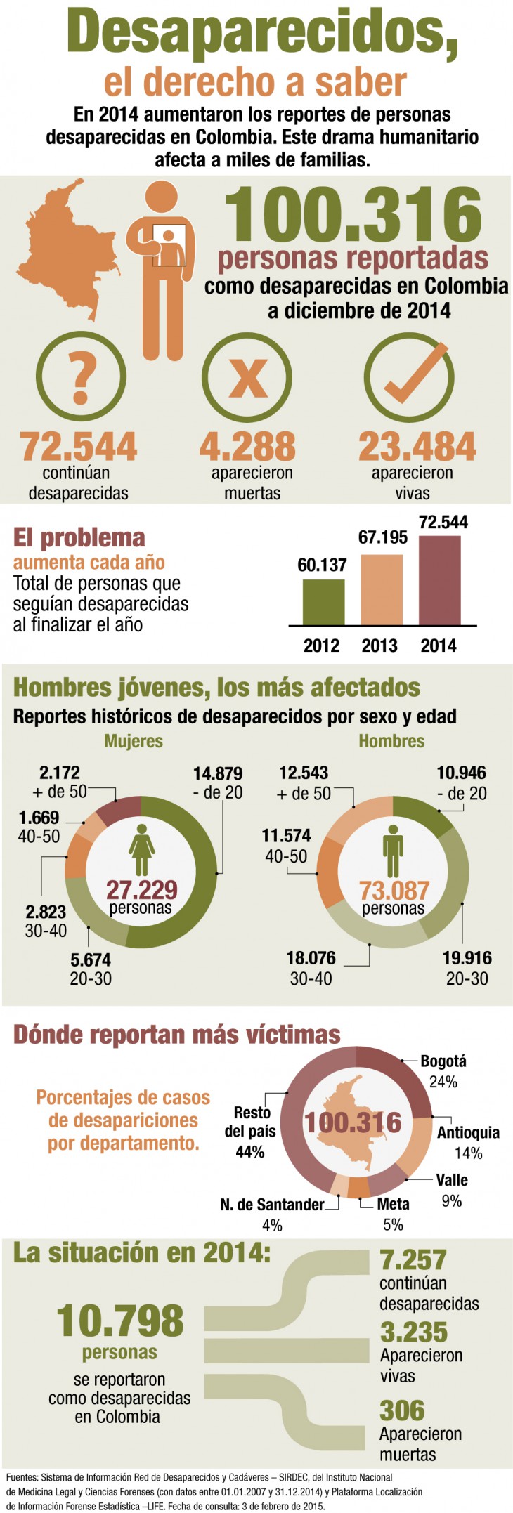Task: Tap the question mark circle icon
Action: click(81, 377)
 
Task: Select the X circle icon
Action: click(247, 377)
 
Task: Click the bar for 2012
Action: click(323, 602)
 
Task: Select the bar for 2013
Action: click(382, 589)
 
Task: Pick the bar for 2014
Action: click(440, 580)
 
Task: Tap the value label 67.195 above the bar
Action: click(382, 537)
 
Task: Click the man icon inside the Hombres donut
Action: click(393, 850)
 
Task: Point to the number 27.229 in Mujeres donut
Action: click(141, 890)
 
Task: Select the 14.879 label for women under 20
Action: click(218, 773)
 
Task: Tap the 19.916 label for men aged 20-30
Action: click(467, 958)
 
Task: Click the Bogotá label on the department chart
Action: click(443, 1061)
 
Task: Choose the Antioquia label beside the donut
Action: click(468, 1132)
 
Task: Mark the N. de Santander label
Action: click(272, 1205)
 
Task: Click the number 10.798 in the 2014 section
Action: click(120, 1321)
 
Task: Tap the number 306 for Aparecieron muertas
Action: click(402, 1410)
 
